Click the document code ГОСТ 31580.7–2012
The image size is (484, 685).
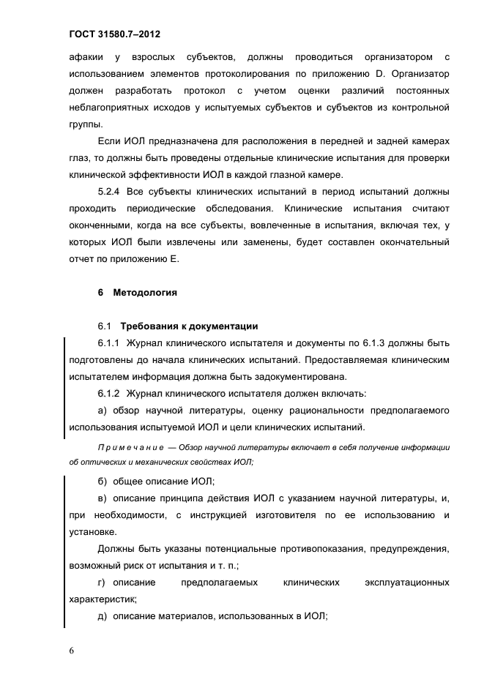click(115, 34)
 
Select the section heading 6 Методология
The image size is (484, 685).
click(138, 293)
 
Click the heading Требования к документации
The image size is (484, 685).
click(189, 326)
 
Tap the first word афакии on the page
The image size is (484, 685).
click(83, 57)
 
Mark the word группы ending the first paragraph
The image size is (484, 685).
click(83, 124)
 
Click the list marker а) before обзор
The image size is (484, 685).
click(102, 411)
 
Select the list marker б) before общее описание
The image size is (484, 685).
click(102, 481)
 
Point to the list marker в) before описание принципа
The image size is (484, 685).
click(102, 498)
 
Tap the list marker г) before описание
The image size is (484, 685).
click(102, 583)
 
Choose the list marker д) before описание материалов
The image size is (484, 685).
click(102, 617)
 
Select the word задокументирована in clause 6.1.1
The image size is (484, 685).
click(301, 377)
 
